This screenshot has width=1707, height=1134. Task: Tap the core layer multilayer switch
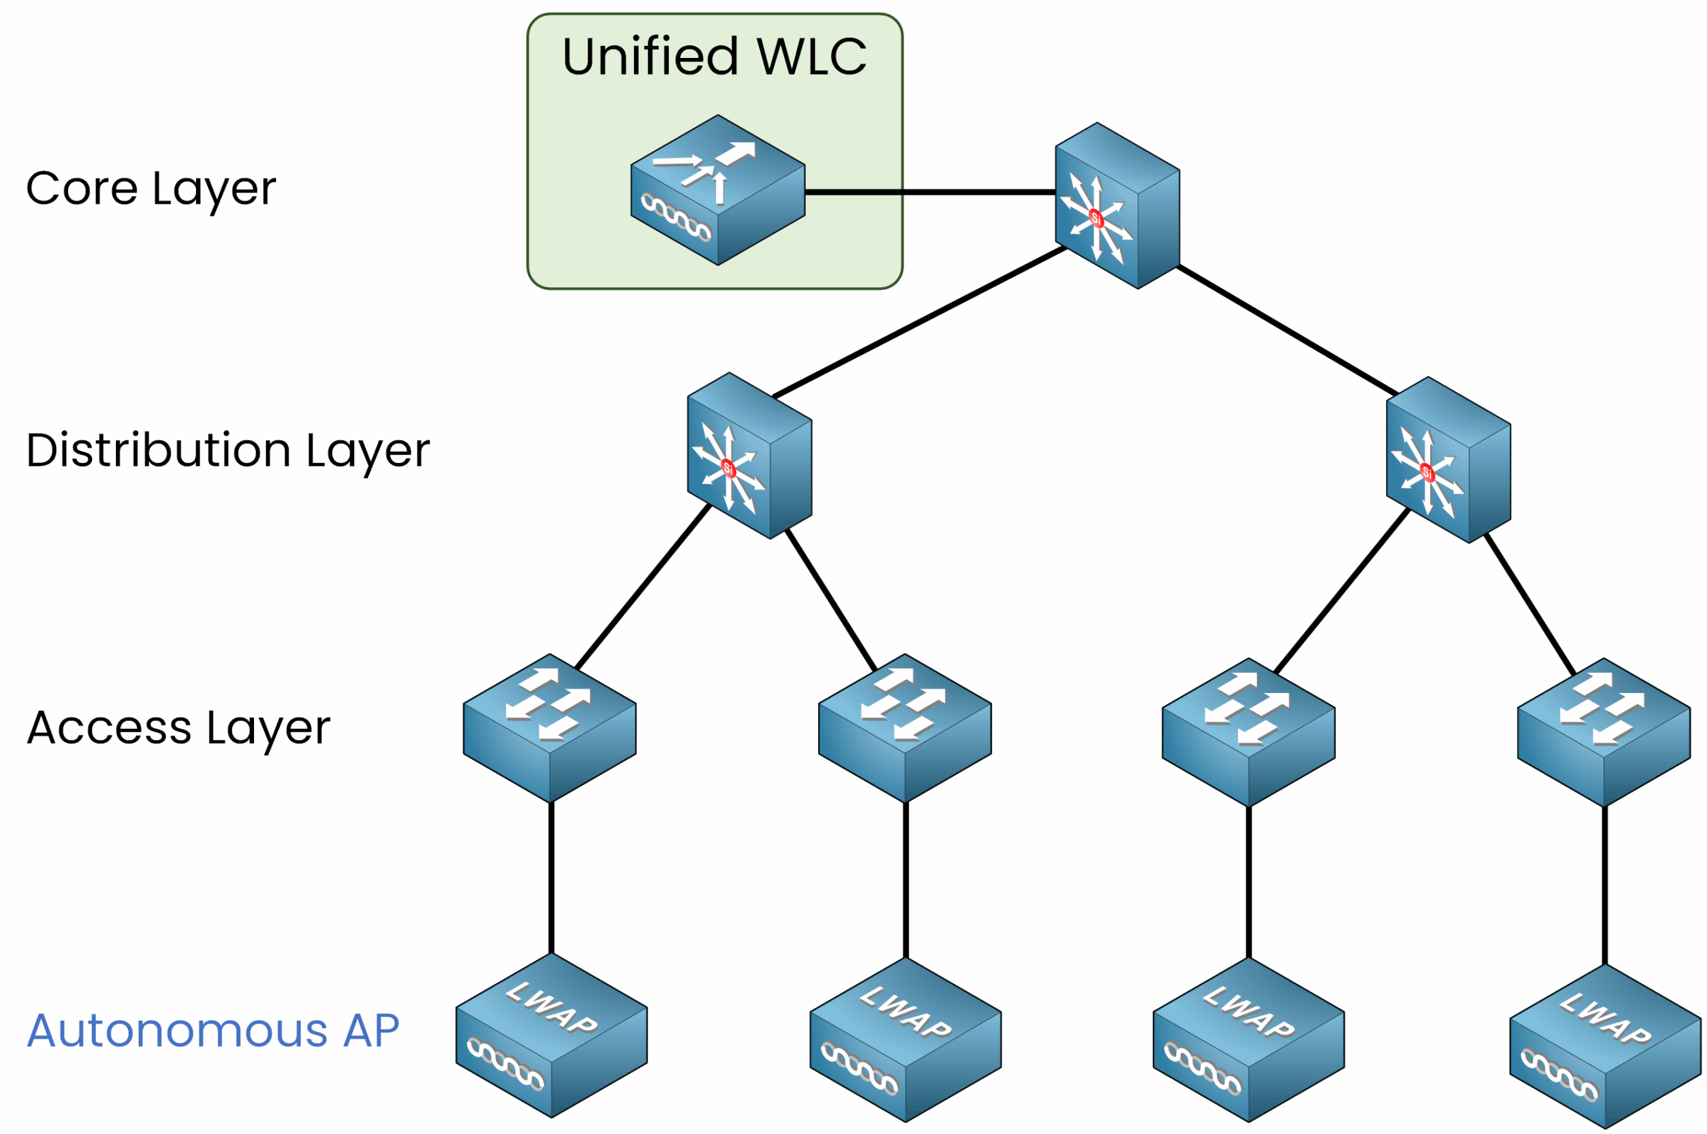pyautogui.click(x=1116, y=206)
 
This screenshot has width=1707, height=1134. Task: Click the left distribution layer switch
pyautogui.click(x=749, y=456)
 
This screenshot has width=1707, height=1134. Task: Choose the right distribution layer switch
pyautogui.click(x=1447, y=460)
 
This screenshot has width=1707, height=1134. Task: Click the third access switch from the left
pyautogui.click(x=1248, y=731)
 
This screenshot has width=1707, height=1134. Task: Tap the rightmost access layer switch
pyautogui.click(x=1604, y=731)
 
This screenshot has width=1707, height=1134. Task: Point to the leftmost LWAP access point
pyautogui.click(x=551, y=1035)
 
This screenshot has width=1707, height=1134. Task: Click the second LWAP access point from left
pyautogui.click(x=906, y=1039)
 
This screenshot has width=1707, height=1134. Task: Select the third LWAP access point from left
pyautogui.click(x=1248, y=1039)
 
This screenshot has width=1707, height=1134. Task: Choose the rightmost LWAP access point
pyautogui.click(x=1605, y=1046)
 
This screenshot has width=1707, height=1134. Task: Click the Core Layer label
pyautogui.click(x=151, y=189)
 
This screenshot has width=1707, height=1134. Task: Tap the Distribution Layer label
pyautogui.click(x=227, y=450)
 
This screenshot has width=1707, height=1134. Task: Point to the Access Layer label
pyautogui.click(x=178, y=728)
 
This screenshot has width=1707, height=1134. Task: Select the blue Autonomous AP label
pyautogui.click(x=213, y=1031)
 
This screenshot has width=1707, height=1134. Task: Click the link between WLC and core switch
pyautogui.click(x=930, y=193)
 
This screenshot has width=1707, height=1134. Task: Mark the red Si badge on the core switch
pyautogui.click(x=1096, y=218)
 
